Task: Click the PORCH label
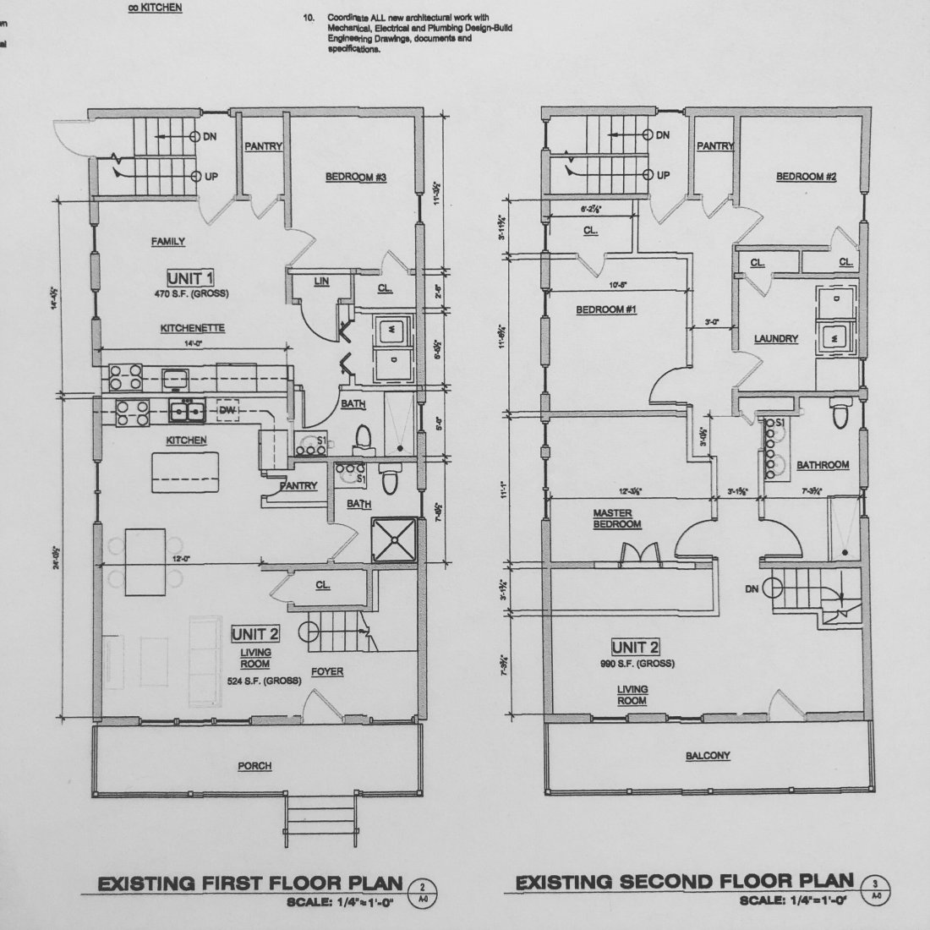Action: tap(254, 766)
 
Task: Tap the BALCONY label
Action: tap(708, 756)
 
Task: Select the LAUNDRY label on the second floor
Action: tap(776, 339)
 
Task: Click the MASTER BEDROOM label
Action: tap(616, 518)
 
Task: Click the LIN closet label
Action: tap(320, 282)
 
